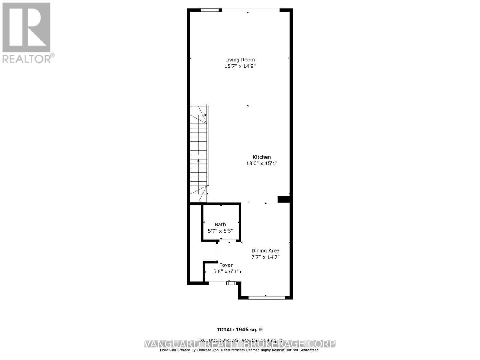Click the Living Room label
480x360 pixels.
[x=240, y=60]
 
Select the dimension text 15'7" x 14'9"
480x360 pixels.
[x=240, y=66]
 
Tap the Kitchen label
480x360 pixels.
[x=262, y=157]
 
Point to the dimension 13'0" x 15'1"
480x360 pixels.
[x=262, y=163]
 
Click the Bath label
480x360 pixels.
[x=220, y=224]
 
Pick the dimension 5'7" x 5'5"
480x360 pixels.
[x=220, y=231]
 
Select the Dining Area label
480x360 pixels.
[x=265, y=250]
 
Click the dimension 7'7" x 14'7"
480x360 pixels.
[x=265, y=257]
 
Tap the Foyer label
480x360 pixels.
[x=226, y=265]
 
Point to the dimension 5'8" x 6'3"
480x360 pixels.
[x=226, y=272]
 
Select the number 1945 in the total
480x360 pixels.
[x=242, y=330]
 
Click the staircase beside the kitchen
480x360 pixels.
[x=199, y=153]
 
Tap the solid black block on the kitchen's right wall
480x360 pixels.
[x=283, y=199]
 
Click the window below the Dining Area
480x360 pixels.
[x=266, y=298]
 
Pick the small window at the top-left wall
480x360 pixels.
[x=209, y=10]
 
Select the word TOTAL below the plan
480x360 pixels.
[x=226, y=330]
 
